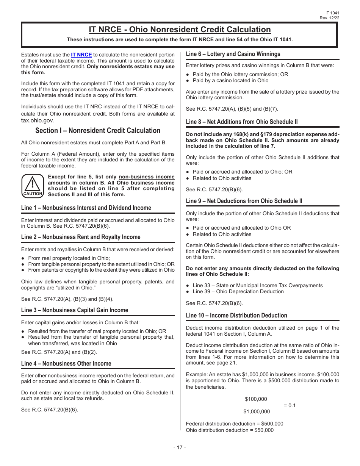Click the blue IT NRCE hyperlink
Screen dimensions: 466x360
(x=81, y=55)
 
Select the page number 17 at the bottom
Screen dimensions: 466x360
(x=180, y=447)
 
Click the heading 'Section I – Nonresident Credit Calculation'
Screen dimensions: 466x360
(x=98, y=131)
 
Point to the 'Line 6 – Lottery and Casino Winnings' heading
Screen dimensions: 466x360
(x=233, y=54)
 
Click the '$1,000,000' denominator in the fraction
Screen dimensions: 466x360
(x=257, y=412)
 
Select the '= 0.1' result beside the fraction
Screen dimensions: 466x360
(x=290, y=405)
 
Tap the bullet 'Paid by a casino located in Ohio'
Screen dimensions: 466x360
(x=230, y=80)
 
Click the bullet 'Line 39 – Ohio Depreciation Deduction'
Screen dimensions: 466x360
(x=238, y=292)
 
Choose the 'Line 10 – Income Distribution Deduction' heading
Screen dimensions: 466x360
(x=236, y=316)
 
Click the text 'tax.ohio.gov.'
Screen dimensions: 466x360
(x=38, y=120)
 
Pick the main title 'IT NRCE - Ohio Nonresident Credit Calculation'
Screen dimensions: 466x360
(x=180, y=30)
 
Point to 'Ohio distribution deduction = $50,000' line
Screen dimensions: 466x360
(x=230, y=430)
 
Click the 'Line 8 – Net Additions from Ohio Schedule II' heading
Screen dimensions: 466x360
(x=242, y=122)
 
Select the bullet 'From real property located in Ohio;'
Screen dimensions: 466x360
(x=69, y=258)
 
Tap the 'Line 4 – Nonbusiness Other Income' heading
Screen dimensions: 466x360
(x=66, y=364)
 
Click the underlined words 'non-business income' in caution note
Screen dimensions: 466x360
(x=147, y=177)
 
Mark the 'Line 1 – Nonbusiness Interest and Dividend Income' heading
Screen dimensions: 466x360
(x=86, y=208)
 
